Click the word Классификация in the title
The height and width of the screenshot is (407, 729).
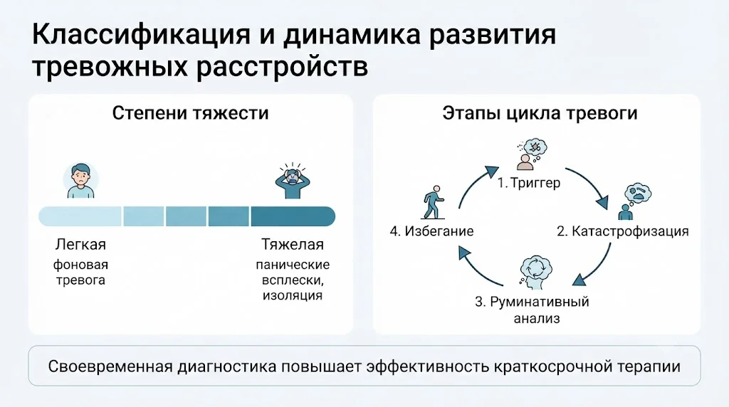pos(141,36)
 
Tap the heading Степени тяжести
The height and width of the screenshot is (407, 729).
pos(191,113)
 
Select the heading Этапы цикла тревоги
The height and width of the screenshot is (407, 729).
pos(540,113)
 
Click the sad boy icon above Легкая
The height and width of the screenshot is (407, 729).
pos(81,180)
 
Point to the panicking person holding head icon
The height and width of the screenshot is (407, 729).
pos(293,181)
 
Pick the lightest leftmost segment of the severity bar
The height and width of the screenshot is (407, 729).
pos(80,216)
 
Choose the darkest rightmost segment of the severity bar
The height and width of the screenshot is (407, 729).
pos(293,216)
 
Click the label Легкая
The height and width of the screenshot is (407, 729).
pos(81,245)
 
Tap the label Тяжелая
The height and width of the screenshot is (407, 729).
pos(293,244)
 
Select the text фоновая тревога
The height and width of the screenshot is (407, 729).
pos(80,273)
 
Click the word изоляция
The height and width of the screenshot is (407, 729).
pos(293,295)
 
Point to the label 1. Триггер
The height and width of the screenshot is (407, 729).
pos(529,183)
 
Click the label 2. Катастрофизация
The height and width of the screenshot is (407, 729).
pos(622,231)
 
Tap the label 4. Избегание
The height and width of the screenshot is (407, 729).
pos(432,231)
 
